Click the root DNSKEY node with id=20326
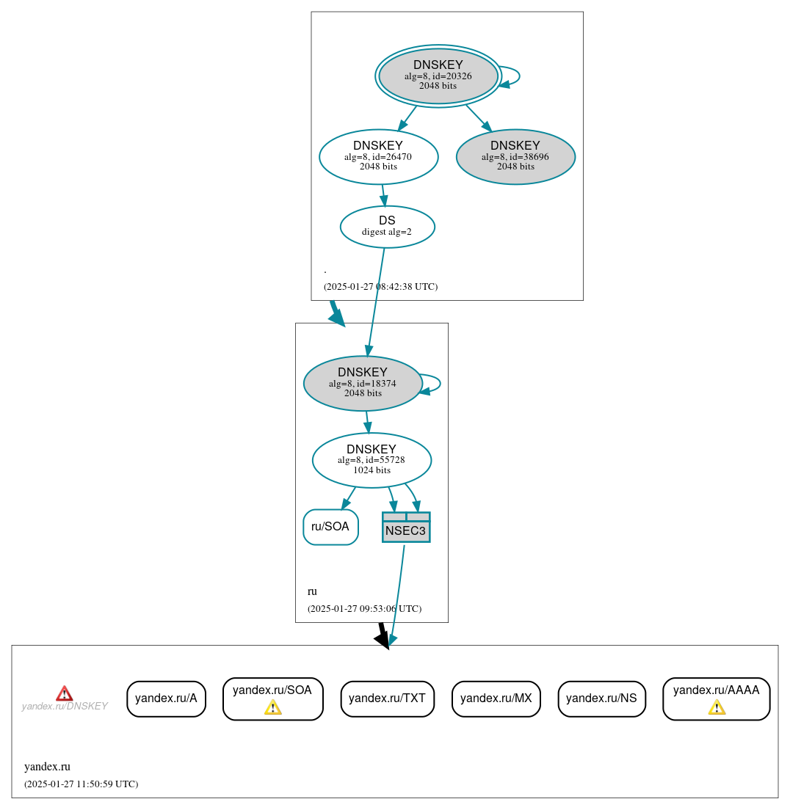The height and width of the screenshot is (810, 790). [x=438, y=76]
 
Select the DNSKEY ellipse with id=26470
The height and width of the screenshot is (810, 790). [x=378, y=156]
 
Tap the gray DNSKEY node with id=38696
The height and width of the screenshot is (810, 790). [x=515, y=156]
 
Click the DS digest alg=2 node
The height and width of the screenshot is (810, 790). [x=387, y=226]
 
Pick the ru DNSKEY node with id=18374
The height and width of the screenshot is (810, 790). [x=363, y=383]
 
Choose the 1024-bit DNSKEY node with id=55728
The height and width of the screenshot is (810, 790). [x=372, y=460]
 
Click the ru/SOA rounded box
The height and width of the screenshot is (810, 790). [x=330, y=527]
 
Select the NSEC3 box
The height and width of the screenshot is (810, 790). [x=405, y=528]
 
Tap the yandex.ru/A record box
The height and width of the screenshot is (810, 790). [x=166, y=698]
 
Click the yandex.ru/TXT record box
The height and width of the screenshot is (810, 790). [x=387, y=698]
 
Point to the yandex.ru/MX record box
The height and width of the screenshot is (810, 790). [x=496, y=698]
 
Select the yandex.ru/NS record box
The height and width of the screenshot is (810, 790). [x=601, y=698]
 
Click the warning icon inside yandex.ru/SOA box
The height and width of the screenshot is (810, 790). [x=272, y=707]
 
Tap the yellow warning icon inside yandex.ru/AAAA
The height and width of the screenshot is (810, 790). [x=716, y=707]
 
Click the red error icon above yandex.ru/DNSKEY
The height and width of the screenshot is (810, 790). [x=65, y=693]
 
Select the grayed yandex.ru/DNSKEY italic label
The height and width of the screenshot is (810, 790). [x=65, y=707]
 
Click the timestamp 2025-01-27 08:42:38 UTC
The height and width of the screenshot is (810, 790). [x=380, y=287]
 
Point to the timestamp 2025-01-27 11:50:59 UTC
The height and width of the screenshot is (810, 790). [x=81, y=784]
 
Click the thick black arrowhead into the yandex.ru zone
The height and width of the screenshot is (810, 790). [x=383, y=640]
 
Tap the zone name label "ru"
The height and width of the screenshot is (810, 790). [x=312, y=591]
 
